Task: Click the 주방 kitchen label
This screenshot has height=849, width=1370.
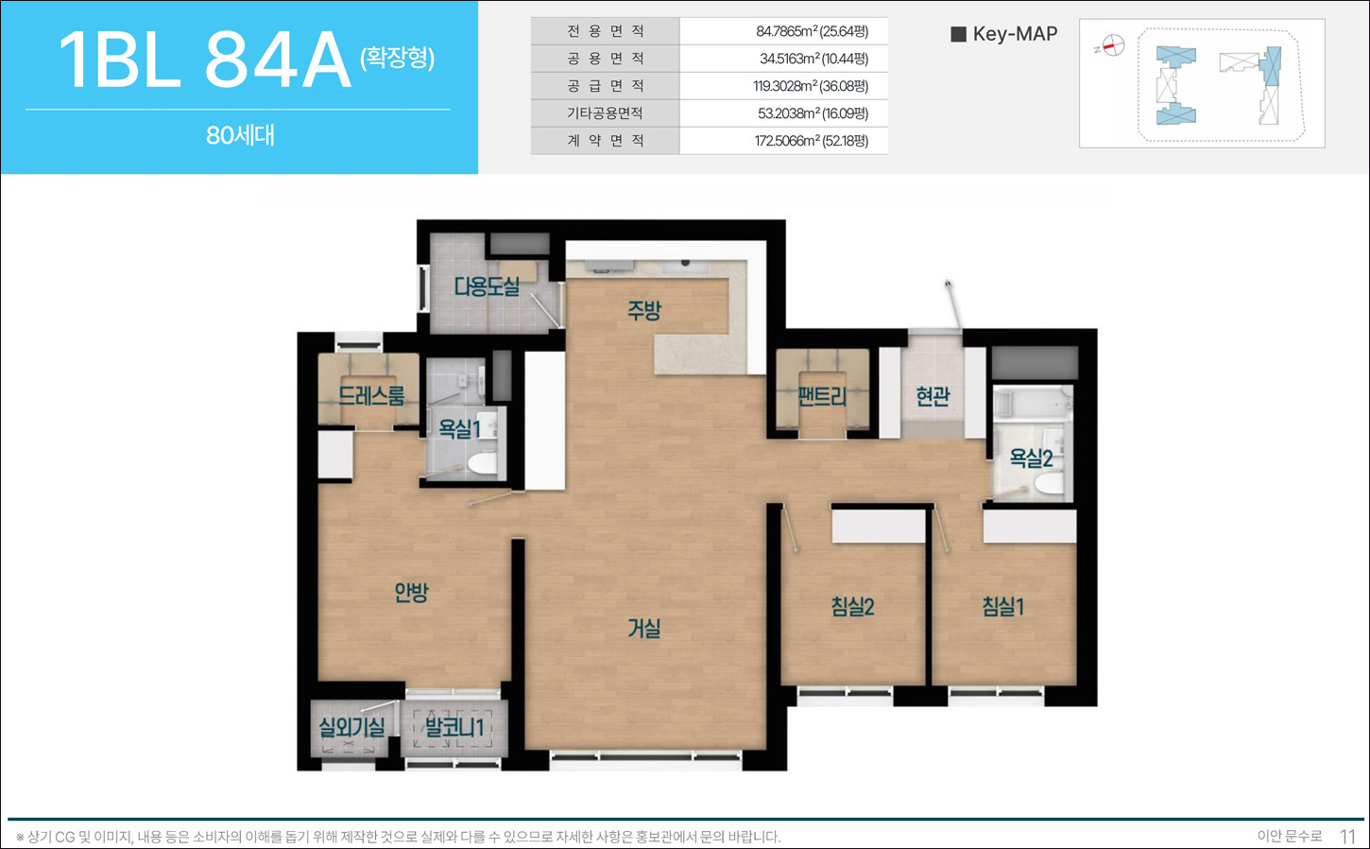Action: click(x=644, y=310)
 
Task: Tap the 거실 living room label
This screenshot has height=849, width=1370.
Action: click(x=644, y=629)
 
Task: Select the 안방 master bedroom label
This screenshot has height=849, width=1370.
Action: click(x=411, y=591)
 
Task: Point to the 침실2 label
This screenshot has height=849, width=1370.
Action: click(x=852, y=606)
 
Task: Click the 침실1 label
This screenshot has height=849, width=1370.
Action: click(x=1003, y=606)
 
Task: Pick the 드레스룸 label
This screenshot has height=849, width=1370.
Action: click(x=371, y=395)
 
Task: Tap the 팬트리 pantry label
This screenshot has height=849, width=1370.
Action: click(x=823, y=396)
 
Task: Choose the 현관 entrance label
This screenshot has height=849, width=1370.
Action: click(x=933, y=396)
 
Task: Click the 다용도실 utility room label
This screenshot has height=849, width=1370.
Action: click(x=487, y=286)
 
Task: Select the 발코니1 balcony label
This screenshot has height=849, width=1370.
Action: click(x=454, y=727)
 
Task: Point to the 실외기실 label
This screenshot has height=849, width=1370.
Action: click(x=351, y=727)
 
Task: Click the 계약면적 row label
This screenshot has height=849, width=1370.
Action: click(x=605, y=141)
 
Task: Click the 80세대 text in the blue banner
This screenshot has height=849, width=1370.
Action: click(x=240, y=135)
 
